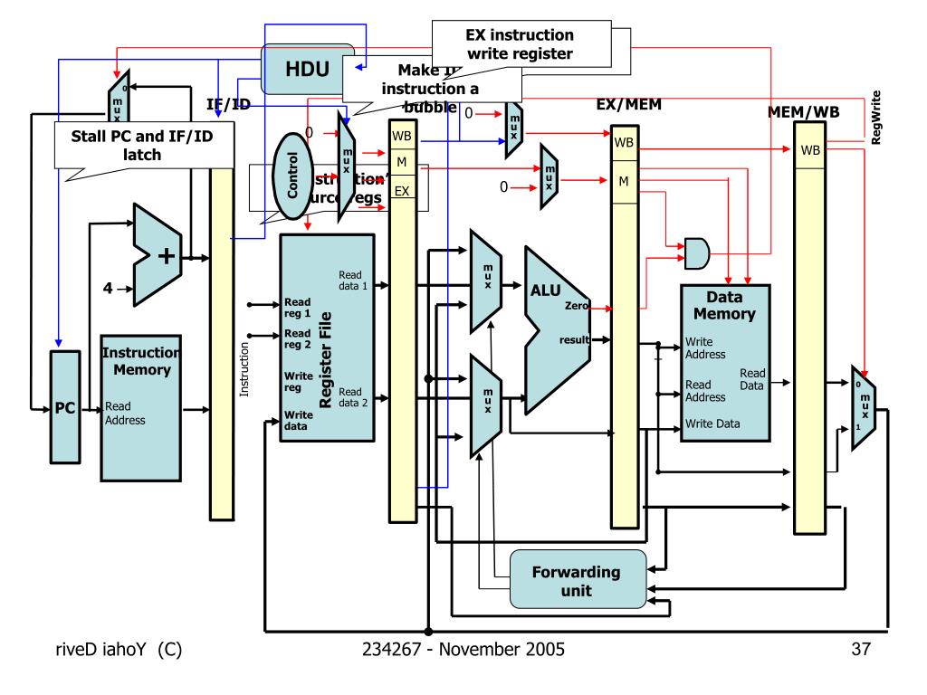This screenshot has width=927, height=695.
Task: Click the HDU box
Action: tap(306, 68)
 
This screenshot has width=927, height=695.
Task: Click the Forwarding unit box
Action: tap(578, 579)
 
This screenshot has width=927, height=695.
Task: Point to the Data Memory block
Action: tap(724, 362)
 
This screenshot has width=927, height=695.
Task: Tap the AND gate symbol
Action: tap(696, 254)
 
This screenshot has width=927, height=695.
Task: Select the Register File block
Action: tap(327, 338)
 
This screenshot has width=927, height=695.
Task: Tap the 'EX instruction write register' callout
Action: tap(518, 45)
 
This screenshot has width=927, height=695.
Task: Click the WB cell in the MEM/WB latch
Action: tap(809, 149)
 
